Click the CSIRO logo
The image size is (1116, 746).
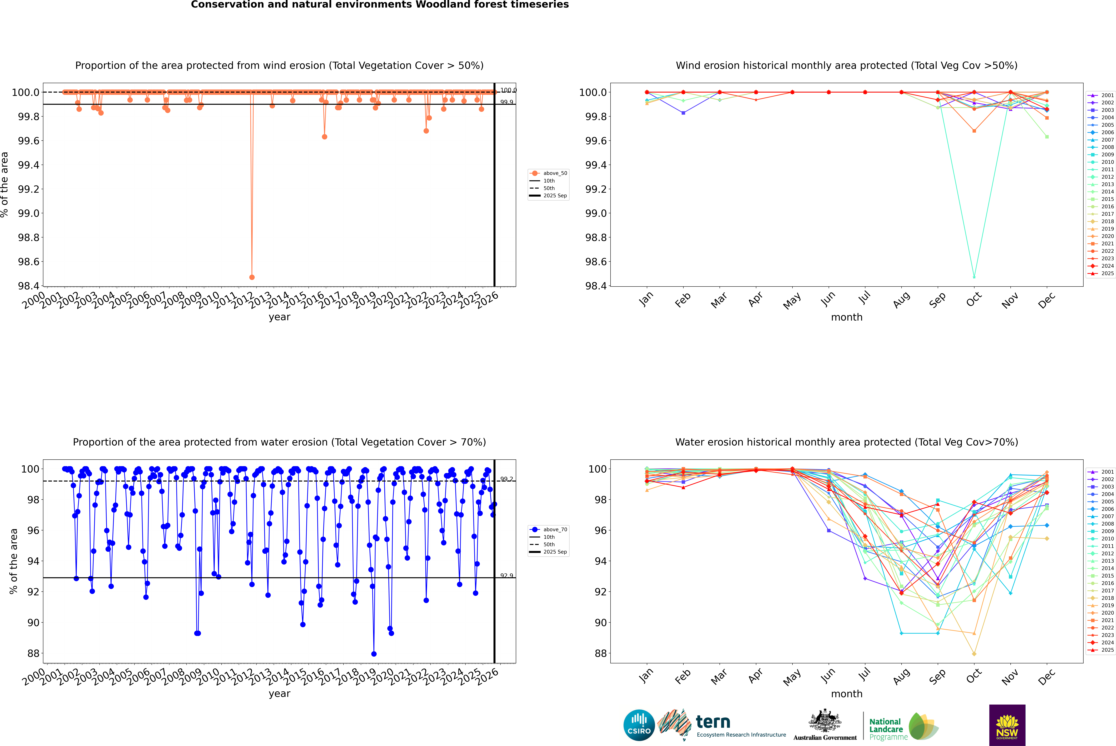(639, 725)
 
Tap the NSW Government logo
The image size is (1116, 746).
(1007, 725)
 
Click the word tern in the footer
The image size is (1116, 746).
(713, 722)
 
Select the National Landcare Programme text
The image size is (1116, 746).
(886, 729)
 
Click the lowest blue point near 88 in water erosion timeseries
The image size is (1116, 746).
(374, 654)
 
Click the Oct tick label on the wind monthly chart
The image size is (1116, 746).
(974, 300)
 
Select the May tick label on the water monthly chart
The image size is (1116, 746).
(792, 677)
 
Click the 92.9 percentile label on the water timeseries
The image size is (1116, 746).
(507, 576)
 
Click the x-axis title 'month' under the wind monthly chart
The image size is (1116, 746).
(846, 317)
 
